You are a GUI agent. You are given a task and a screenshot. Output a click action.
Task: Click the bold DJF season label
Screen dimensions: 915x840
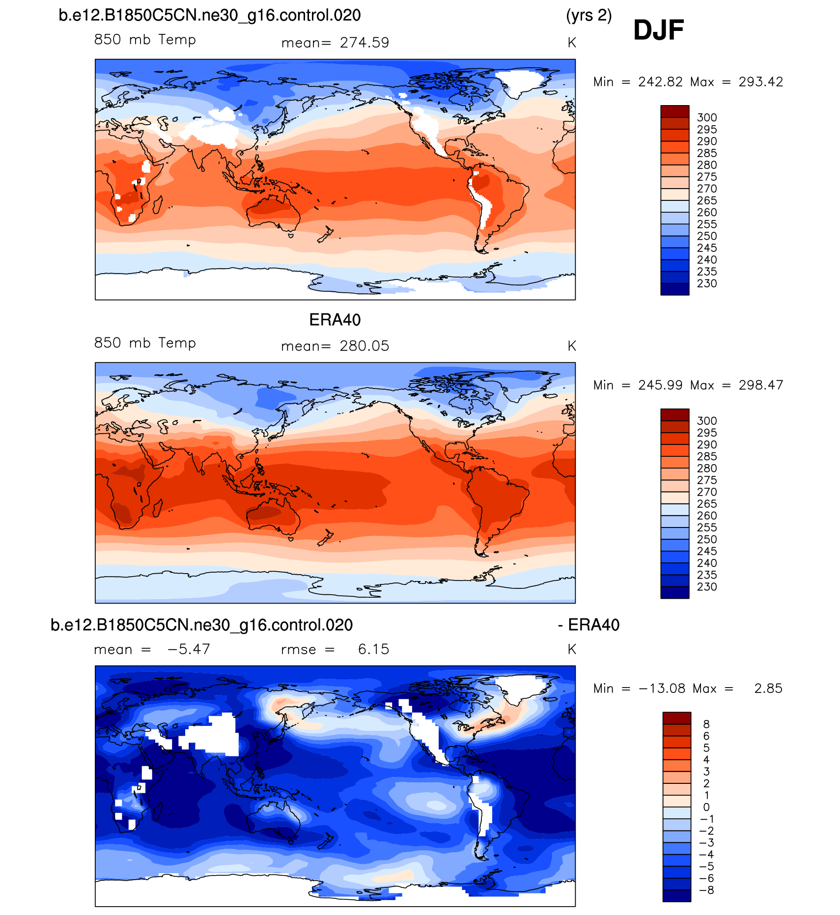coord(658,30)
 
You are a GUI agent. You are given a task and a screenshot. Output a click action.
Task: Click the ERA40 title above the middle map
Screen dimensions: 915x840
coord(335,320)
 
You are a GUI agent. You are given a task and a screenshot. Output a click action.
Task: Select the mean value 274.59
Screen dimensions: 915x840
coord(364,43)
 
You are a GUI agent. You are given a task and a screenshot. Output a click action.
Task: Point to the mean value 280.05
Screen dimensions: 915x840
coord(364,346)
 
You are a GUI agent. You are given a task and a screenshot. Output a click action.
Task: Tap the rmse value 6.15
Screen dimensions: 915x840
coord(373,649)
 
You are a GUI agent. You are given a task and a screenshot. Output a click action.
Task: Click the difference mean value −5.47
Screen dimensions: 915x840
coord(189,649)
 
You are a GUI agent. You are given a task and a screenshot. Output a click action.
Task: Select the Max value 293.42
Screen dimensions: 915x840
coord(760,82)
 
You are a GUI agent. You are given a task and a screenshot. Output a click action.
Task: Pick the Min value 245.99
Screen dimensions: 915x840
coord(660,385)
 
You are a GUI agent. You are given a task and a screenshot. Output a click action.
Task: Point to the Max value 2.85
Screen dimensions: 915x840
coord(768,689)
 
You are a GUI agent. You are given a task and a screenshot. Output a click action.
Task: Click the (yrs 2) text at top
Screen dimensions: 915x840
coord(588,16)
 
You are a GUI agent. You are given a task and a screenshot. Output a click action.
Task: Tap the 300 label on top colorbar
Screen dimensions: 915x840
coord(706,118)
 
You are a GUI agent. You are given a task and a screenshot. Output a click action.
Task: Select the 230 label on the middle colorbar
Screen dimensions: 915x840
coord(706,587)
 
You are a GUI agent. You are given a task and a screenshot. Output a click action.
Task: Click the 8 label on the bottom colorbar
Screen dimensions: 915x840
coord(706,724)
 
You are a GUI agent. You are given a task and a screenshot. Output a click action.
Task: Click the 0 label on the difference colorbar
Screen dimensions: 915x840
coord(706,807)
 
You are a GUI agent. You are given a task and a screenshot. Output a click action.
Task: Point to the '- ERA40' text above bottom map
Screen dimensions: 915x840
coord(588,625)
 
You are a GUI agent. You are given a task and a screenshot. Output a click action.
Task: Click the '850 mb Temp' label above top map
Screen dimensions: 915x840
coord(145,40)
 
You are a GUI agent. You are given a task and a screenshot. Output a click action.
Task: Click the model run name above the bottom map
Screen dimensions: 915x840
coord(201,625)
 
